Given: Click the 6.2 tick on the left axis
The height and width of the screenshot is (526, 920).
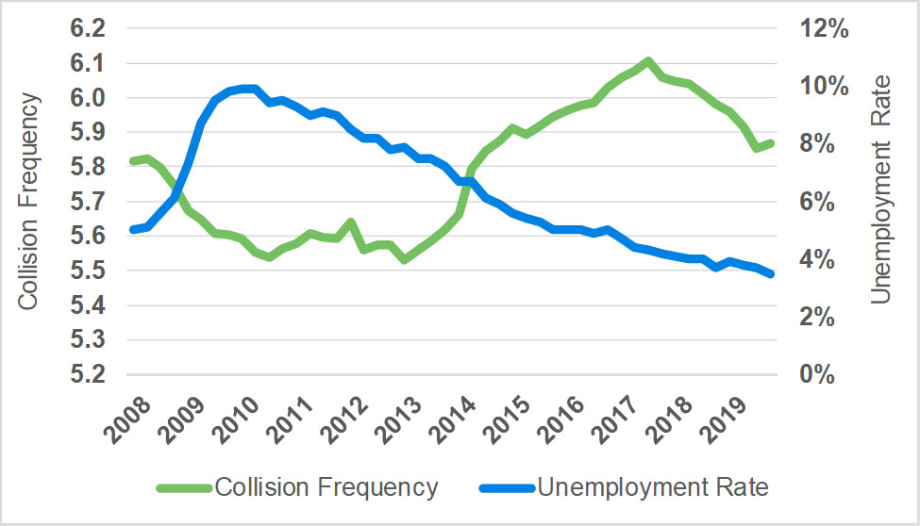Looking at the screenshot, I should coord(88,29).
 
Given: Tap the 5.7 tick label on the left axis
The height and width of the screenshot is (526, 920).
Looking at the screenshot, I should coord(88,202).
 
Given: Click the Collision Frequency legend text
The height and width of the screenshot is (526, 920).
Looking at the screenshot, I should coord(326,487).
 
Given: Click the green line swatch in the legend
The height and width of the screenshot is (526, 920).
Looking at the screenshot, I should coord(187,488).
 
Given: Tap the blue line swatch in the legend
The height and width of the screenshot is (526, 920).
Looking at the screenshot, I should coord(507,488).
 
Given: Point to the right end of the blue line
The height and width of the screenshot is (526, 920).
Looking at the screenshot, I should coord(771,273).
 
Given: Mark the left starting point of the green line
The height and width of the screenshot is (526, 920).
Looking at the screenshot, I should coord(133,161).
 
